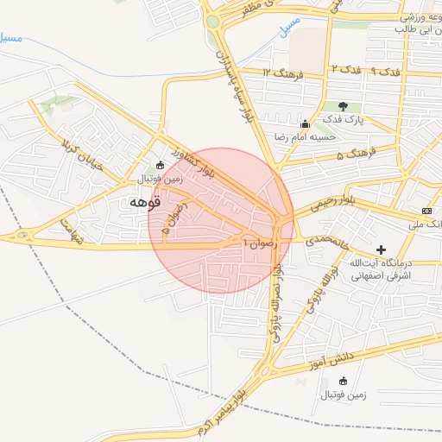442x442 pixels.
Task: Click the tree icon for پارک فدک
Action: [x=344, y=105]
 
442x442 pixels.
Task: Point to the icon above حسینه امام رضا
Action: [x=303, y=123]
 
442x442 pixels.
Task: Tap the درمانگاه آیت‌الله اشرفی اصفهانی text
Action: [x=382, y=269]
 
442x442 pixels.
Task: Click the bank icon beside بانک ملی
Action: [x=427, y=212]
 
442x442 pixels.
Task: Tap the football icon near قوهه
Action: [x=159, y=165]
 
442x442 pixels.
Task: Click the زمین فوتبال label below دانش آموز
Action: [x=344, y=395]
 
